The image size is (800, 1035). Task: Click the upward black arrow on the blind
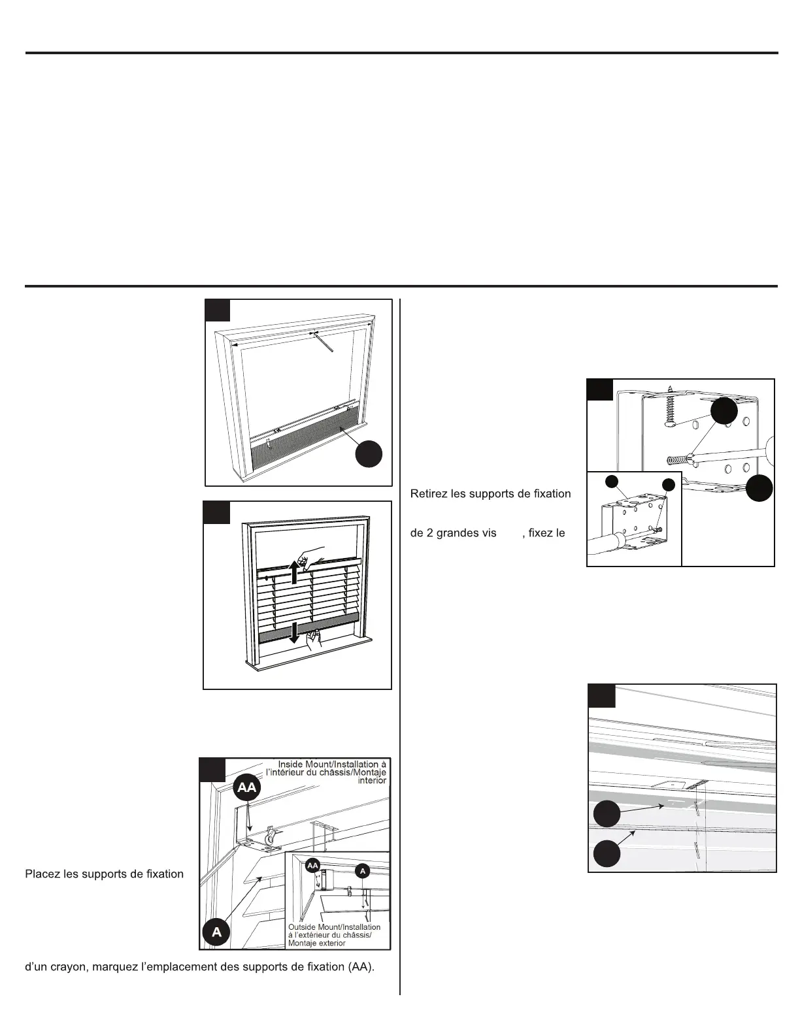(295, 572)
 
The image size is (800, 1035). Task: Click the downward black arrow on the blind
(295, 632)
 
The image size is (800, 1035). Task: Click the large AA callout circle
(247, 788)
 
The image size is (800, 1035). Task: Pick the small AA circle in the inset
(312, 865)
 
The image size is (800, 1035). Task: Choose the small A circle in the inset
(362, 870)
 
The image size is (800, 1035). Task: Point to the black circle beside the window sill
(369, 454)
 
